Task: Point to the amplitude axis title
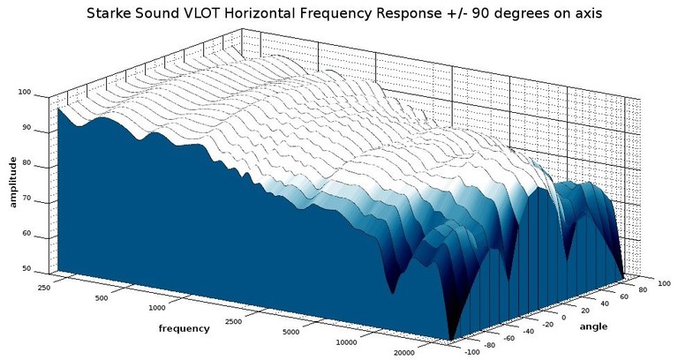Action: (x=13, y=182)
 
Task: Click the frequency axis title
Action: (x=184, y=328)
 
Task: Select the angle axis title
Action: (x=592, y=326)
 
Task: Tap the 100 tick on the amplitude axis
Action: (x=24, y=92)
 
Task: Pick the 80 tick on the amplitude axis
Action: (x=26, y=163)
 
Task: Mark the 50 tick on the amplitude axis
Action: (x=26, y=268)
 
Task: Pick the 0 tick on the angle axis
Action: (x=563, y=316)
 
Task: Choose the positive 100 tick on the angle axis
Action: (x=663, y=282)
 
